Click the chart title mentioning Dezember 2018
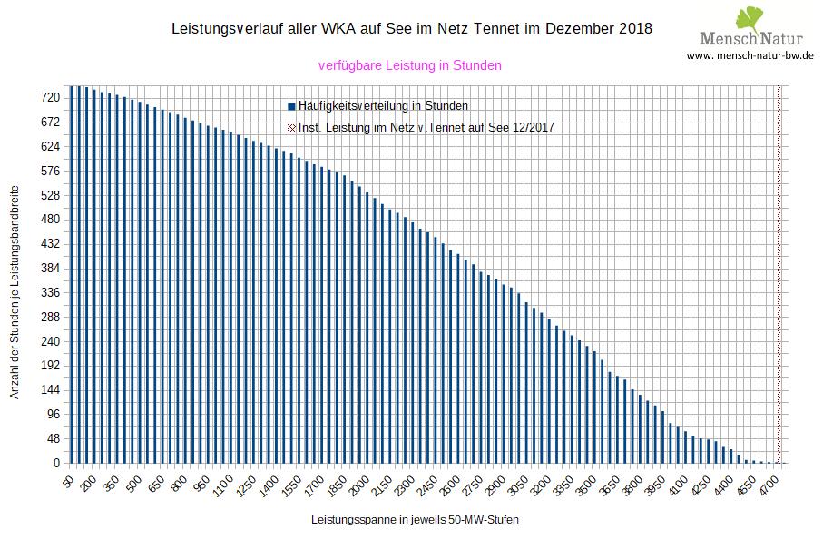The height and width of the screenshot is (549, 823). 411,29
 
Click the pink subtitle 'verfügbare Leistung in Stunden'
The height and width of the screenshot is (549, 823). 410,65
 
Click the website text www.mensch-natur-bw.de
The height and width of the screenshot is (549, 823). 750,55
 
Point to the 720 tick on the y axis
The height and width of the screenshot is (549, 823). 50,97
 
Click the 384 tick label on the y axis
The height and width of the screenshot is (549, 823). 50,268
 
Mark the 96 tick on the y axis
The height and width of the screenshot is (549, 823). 53,415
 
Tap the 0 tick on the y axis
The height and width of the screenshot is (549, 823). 56,464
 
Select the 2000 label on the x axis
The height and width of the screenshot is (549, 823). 360,482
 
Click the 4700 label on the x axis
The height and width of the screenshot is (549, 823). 770,482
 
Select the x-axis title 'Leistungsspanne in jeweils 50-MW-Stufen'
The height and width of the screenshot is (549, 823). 415,521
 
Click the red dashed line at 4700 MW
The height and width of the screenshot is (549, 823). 779,272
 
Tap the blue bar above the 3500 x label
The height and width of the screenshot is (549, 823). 594,409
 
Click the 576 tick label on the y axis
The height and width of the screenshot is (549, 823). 50,171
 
